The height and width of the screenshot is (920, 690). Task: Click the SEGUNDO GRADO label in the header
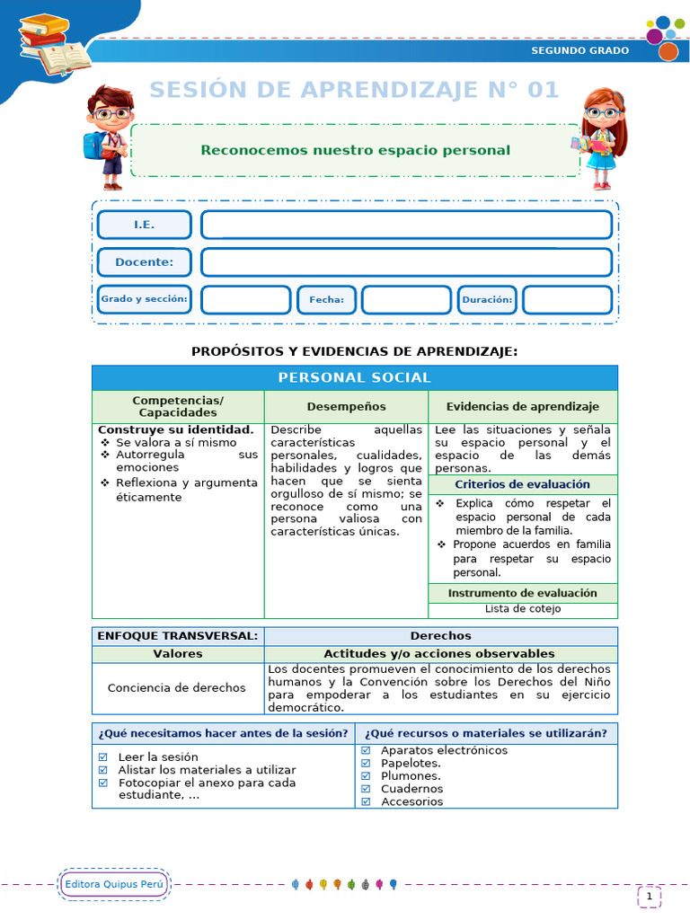[x=579, y=50]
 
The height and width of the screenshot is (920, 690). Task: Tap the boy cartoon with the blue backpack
[x=108, y=135]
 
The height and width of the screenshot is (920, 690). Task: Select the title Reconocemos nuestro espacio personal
[x=355, y=150]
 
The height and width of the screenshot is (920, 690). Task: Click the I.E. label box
[x=144, y=225]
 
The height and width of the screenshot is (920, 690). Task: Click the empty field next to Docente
[x=406, y=262]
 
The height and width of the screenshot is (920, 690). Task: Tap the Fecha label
[x=326, y=300]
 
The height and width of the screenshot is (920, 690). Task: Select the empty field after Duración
[x=567, y=300]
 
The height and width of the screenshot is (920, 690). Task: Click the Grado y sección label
[x=144, y=299]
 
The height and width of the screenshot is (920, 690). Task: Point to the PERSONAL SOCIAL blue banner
[x=354, y=377]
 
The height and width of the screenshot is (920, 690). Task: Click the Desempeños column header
[x=346, y=407]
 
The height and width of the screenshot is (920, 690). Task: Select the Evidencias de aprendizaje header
[x=522, y=407]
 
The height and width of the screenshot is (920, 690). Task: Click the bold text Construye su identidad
[x=175, y=429]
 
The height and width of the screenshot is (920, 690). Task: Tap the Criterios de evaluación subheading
[x=522, y=484]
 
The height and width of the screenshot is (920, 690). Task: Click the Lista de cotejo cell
[x=522, y=609]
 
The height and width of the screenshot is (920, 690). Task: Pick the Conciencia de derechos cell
[x=176, y=688]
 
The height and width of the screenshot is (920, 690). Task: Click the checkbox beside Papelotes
[x=366, y=763]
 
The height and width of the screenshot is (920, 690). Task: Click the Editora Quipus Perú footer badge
[x=114, y=884]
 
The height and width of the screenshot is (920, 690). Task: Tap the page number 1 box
[x=649, y=896]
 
